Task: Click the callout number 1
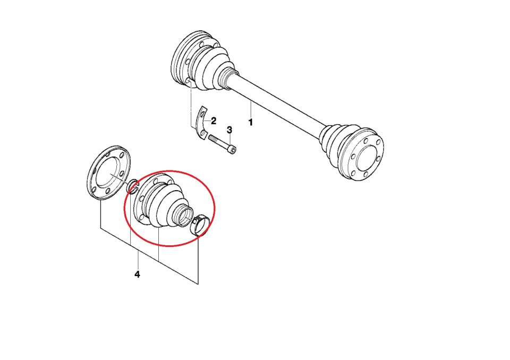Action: (x=250, y=123)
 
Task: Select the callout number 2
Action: (x=214, y=121)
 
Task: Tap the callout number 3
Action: (x=229, y=130)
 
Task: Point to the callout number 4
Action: (x=137, y=275)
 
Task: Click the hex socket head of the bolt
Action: (x=233, y=149)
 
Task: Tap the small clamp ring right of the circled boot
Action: (x=200, y=225)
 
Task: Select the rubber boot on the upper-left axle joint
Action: (x=213, y=68)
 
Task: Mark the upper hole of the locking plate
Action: (x=203, y=114)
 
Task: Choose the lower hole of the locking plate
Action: (x=202, y=133)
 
